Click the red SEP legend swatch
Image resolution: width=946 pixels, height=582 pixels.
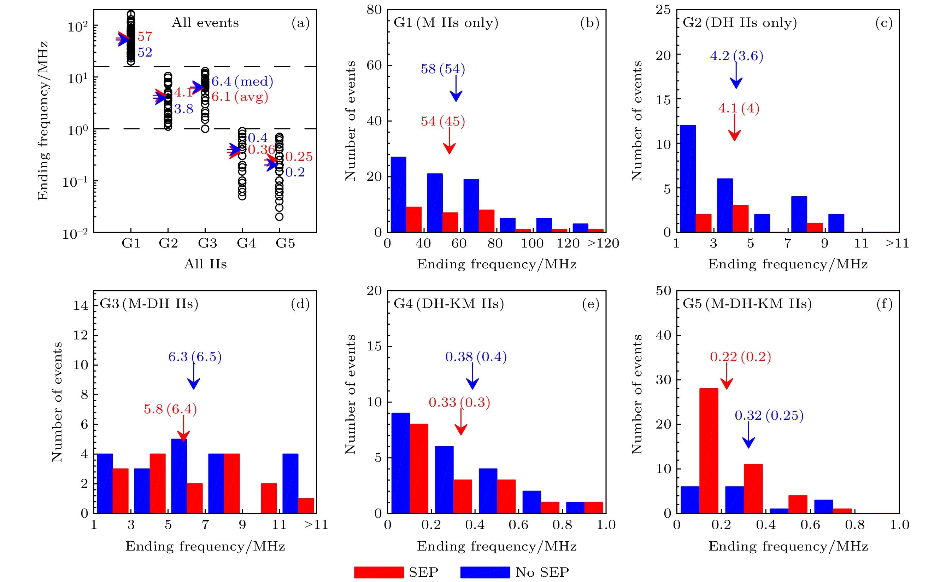tap(378, 572)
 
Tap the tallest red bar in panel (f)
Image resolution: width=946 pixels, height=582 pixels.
tap(708, 450)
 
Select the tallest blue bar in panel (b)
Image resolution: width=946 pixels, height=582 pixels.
tap(398, 194)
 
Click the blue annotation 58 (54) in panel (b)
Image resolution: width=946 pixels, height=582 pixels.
tap(443, 69)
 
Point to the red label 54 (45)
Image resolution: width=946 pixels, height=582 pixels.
tap(443, 122)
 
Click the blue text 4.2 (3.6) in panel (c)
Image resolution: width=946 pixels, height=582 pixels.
tap(736, 56)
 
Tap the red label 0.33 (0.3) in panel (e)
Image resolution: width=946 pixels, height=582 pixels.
tap(459, 403)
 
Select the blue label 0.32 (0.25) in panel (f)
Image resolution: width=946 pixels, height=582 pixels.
tap(769, 416)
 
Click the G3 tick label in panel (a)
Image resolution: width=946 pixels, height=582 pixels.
tap(207, 243)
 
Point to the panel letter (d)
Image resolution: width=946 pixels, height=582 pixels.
tap(300, 304)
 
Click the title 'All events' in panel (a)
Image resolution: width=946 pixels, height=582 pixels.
tap(205, 23)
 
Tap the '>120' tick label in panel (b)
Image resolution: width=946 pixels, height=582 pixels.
tap(603, 243)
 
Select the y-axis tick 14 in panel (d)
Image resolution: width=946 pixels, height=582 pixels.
tap(81, 305)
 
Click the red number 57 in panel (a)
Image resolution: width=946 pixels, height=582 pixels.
tap(145, 36)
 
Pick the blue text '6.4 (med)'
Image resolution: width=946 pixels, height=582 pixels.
tap(242, 82)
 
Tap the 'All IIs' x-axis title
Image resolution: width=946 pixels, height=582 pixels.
tap(205, 264)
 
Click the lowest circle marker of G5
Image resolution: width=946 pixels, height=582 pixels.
tap(279, 217)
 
